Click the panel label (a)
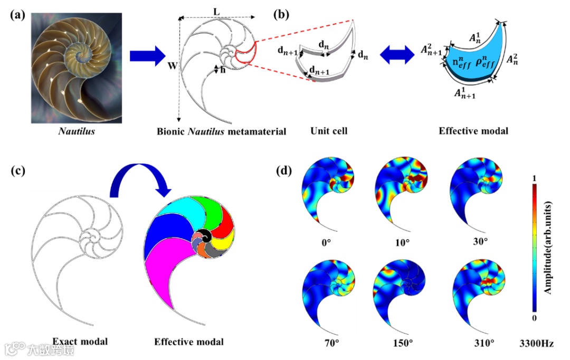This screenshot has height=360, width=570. [x=17, y=15]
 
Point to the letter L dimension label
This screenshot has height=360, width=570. [x=216, y=11]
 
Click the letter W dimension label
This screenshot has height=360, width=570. [x=172, y=67]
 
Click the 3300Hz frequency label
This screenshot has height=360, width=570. [x=537, y=343]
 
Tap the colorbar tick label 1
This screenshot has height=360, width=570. [x=534, y=179]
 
